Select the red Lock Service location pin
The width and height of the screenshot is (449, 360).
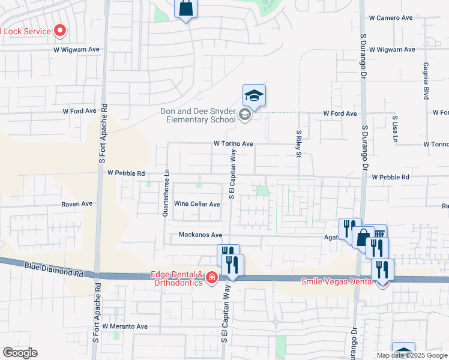coord(60,30)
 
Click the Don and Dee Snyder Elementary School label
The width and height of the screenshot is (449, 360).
coord(198,115)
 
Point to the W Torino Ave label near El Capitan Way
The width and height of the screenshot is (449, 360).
coord(234,144)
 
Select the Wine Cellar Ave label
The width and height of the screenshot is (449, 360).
coord(197,204)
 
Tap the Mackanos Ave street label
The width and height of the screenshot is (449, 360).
coord(200,235)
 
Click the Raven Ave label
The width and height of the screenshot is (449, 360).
coord(77,204)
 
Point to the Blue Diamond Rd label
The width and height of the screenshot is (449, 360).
coord(53,269)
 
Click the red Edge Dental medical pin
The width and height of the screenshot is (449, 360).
coord(211,277)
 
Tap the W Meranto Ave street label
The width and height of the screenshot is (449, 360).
coord(124,326)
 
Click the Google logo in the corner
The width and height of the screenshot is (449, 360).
coord(20,353)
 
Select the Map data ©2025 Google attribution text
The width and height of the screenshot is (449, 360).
coord(412,355)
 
